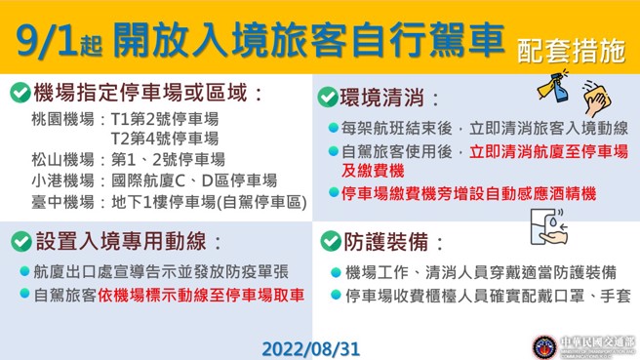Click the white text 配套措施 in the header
(572, 52)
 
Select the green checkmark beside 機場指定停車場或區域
(19, 94)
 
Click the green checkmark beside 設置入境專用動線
(19, 240)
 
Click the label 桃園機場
(61, 119)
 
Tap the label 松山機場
(61, 160)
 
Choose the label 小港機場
(61, 180)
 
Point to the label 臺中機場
(61, 201)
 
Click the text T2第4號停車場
(164, 140)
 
